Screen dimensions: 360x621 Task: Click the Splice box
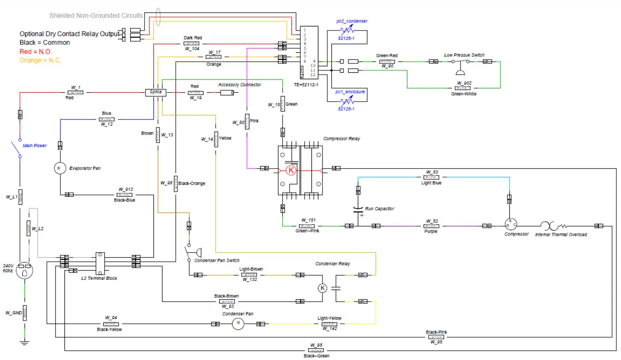(x=155, y=93)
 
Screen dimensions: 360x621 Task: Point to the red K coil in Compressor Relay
(x=291, y=170)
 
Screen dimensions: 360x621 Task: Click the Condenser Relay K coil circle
(x=323, y=288)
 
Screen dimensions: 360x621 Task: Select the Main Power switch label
(x=35, y=145)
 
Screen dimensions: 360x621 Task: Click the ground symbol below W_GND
(x=25, y=343)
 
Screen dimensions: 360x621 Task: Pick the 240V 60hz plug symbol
(x=24, y=272)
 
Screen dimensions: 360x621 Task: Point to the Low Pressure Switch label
(x=464, y=55)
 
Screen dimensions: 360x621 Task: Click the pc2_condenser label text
(x=352, y=21)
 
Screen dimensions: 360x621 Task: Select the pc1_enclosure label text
(x=350, y=92)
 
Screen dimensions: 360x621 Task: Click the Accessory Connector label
(x=240, y=85)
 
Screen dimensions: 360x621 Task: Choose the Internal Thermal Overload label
(x=561, y=235)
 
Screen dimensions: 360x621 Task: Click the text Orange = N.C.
(x=40, y=60)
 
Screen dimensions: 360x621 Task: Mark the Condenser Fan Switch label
(x=217, y=260)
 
